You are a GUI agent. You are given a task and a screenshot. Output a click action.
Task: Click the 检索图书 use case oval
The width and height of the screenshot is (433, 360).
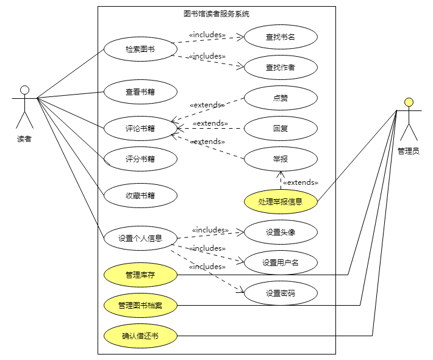point(140,49)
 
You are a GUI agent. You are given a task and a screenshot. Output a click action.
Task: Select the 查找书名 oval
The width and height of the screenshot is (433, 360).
point(281,37)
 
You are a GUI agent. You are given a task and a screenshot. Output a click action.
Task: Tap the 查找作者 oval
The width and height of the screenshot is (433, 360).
point(281,68)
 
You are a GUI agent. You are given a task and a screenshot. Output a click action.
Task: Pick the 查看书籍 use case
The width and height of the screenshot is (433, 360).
point(140,92)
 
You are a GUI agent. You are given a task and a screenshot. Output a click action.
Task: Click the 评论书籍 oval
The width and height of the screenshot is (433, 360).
point(140,129)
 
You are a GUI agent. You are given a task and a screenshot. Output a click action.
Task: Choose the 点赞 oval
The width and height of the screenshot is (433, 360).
point(281,98)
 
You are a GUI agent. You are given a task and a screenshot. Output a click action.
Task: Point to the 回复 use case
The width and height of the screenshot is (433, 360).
point(281,129)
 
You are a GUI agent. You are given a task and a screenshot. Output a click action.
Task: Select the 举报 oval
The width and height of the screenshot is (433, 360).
point(281,159)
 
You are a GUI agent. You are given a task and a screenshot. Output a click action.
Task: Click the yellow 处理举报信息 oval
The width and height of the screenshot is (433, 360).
point(281,201)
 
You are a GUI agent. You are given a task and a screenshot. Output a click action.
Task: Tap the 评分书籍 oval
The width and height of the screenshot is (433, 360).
point(140,159)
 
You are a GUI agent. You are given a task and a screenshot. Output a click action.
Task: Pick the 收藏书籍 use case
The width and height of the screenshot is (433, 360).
point(140,196)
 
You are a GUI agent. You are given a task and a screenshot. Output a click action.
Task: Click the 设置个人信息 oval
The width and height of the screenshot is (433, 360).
point(140,238)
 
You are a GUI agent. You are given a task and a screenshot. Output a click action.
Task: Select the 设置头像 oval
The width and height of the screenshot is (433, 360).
point(281,232)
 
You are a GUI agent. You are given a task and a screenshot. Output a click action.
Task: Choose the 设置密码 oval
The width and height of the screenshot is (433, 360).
point(281,293)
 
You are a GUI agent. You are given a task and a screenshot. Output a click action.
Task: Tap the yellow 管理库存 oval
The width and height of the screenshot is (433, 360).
point(140,275)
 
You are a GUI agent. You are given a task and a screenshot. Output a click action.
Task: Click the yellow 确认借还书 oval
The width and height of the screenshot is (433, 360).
point(140,336)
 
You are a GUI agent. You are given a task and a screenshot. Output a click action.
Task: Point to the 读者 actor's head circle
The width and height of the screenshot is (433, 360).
point(24,90)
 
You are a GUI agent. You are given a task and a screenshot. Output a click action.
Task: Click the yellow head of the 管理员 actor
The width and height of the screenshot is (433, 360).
point(409,102)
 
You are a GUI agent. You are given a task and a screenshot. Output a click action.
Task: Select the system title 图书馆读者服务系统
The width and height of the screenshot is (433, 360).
point(216,14)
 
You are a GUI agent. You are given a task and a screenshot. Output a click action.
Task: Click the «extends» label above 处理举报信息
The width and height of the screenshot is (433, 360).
point(300,182)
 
